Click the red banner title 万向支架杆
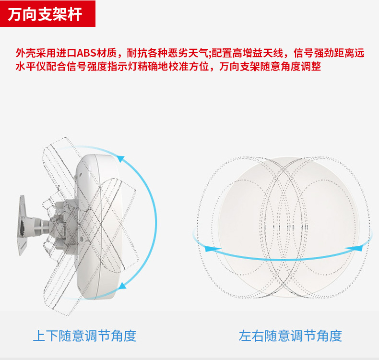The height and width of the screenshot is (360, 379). pos(45,14)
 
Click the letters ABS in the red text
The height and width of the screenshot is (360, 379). pos(87,53)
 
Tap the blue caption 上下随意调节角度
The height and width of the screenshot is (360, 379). pos(84,336)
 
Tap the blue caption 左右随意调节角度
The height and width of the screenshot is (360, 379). pos(290,336)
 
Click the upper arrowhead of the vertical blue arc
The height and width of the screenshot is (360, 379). pos(120,159)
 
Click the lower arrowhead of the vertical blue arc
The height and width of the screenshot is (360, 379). pos(122,286)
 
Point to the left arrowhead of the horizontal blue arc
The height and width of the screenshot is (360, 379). pos(211,249)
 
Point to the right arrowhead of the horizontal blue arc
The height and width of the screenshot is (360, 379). pos(355,248)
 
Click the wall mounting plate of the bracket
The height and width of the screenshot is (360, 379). pos(23,225)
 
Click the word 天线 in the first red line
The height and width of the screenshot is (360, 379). pos(273,53)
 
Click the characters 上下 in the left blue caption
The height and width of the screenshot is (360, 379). pos(46,336)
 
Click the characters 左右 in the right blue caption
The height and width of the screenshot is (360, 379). pos(251,336)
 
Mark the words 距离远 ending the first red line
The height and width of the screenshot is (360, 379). pos(349,53)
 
